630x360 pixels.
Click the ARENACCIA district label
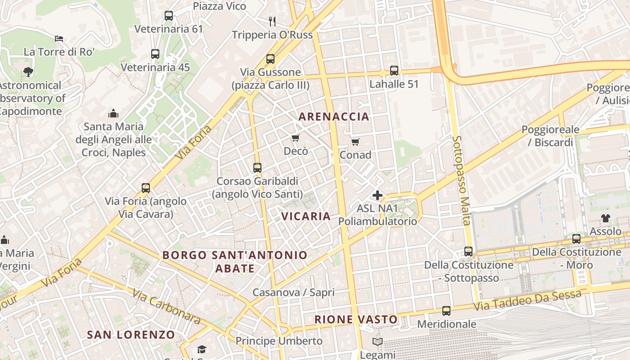(333, 117)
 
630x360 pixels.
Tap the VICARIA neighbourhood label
(306, 216)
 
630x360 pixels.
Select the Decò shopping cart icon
(296, 138)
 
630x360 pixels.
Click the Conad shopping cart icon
(355, 142)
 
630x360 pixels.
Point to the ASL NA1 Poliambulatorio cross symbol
(378, 195)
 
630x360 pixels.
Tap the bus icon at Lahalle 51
(394, 70)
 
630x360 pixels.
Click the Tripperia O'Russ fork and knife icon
(272, 21)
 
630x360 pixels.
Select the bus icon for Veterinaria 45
(155, 54)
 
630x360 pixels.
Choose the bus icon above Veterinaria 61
(169, 16)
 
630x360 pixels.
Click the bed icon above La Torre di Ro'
(59, 39)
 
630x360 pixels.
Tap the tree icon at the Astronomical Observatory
(28, 72)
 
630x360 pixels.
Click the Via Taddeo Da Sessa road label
(527, 301)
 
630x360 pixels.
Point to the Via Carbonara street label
(166, 306)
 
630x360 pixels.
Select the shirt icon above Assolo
(605, 218)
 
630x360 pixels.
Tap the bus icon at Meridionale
(446, 310)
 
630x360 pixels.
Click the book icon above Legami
(378, 342)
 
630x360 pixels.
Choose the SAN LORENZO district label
(130, 335)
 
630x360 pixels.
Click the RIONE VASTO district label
(356, 319)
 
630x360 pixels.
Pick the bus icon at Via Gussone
(270, 59)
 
